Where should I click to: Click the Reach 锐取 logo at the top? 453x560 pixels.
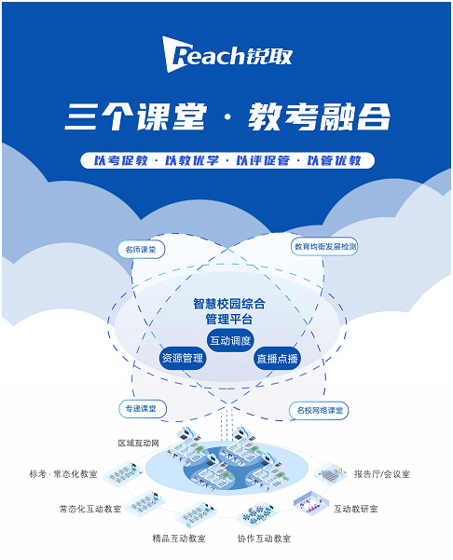coord(227,55)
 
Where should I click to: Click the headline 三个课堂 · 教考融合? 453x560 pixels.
coord(227,116)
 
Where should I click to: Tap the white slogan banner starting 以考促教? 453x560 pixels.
coord(227,160)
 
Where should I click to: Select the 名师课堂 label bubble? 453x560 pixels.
coord(141,250)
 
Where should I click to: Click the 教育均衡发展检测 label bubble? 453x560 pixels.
coord(324,246)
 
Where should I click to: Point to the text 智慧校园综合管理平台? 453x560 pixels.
coord(229,311)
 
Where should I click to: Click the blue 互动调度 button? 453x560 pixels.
coord(230,340)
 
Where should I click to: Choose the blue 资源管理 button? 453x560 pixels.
coord(183,358)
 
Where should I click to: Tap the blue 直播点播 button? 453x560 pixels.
coord(277,358)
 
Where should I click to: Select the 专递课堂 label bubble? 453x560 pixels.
coord(143,409)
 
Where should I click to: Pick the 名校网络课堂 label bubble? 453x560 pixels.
coord(319,410)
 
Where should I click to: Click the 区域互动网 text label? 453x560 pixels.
coord(139,444)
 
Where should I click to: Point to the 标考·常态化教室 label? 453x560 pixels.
coord(63,474)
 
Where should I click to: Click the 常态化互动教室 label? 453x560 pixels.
coord(90,509)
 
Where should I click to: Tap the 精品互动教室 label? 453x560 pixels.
coord(179,539)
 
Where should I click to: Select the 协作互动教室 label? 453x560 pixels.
coord(265,539)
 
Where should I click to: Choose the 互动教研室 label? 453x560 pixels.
coord(356,509)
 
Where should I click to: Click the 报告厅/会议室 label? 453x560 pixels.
coord(382,474)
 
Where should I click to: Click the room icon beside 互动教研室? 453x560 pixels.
coord(310,503)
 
